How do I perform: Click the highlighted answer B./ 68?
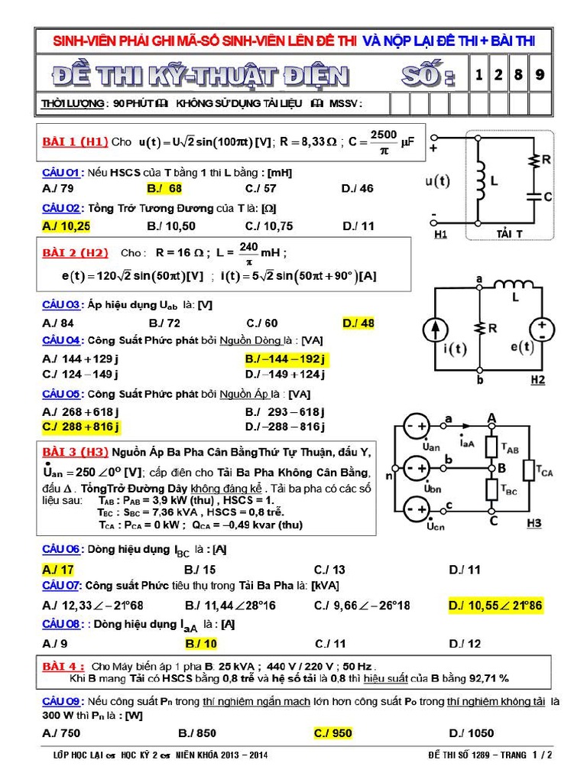pyautogui.click(x=164, y=188)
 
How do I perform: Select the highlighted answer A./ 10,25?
pyautogui.click(x=66, y=226)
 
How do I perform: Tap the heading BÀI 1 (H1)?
pyautogui.click(x=74, y=141)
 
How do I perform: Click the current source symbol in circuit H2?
pyautogui.click(x=435, y=330)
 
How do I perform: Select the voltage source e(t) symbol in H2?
pyautogui.click(x=542, y=329)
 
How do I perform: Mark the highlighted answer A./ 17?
pyautogui.click(x=58, y=569)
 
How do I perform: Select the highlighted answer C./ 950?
pyautogui.click(x=332, y=733)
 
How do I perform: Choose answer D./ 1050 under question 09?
pyautogui.click(x=472, y=733)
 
